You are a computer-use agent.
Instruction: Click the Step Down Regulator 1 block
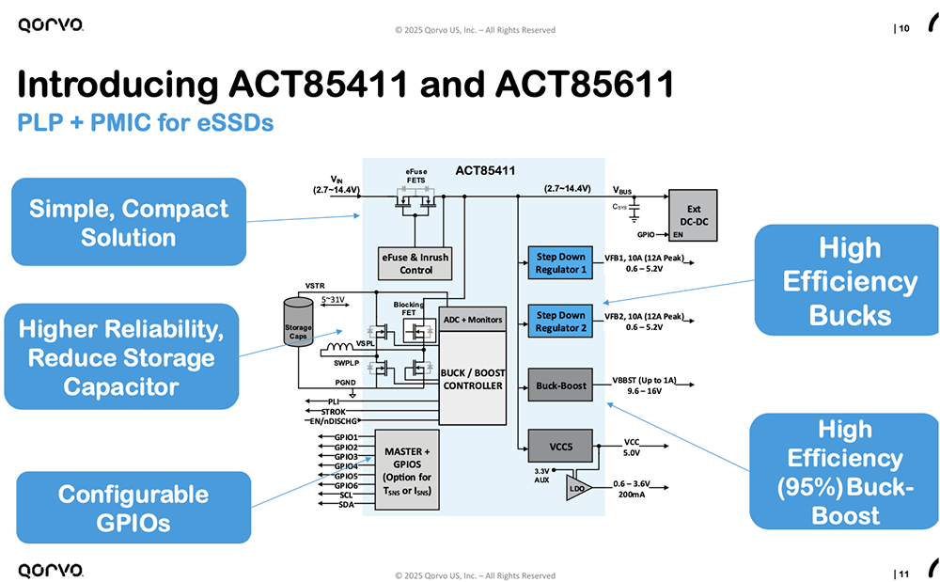[560, 263]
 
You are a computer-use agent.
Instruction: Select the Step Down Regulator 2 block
[560, 322]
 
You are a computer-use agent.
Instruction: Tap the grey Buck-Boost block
[560, 385]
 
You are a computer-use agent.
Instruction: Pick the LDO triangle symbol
[576, 487]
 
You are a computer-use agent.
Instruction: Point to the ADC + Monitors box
[473, 320]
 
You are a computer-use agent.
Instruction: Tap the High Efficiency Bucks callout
[849, 280]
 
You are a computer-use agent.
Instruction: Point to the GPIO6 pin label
[346, 485]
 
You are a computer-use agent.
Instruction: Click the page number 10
[903, 29]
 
